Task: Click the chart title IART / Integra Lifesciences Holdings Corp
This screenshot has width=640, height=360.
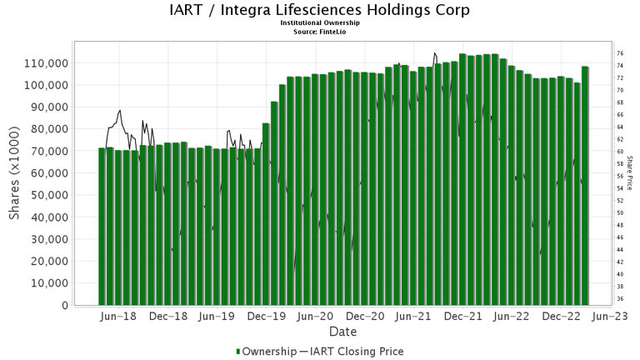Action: coord(319,10)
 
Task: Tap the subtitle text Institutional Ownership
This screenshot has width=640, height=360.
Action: coord(319,23)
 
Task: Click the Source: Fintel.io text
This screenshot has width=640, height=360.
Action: coord(319,31)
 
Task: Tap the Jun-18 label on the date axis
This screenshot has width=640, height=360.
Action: coord(117,317)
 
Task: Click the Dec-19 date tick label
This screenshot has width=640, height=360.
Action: coord(267,317)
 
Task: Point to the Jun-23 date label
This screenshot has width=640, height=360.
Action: coord(610,317)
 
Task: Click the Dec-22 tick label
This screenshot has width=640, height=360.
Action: coord(562,317)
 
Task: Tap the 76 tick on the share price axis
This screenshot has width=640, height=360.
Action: coord(620,53)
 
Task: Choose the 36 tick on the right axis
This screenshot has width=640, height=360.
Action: coord(620,298)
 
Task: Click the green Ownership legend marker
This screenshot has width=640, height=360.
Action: coord(240,352)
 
